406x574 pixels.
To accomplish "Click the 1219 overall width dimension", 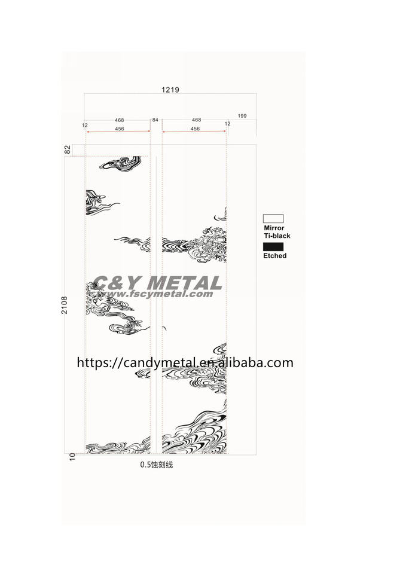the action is tap(170, 90).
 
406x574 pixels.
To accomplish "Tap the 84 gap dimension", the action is tap(155, 120).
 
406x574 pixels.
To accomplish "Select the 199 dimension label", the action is tap(242, 115).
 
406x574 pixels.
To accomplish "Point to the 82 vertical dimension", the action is tap(68, 149).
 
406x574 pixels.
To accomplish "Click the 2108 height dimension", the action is tap(65, 305).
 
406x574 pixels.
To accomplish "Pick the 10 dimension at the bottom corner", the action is tap(72, 456).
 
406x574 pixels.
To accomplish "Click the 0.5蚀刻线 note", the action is tap(156, 465).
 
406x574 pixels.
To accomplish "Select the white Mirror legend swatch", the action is tap(273, 219).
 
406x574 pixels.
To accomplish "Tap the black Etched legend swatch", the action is tap(273, 247).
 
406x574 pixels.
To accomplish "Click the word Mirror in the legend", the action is tap(274, 228).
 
